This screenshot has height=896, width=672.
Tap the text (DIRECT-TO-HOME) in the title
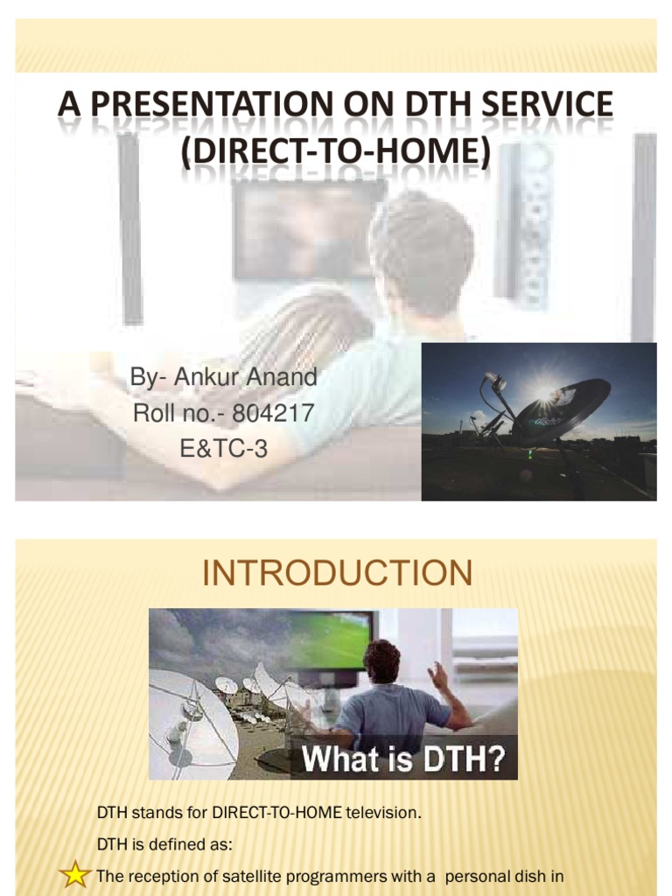[x=336, y=151]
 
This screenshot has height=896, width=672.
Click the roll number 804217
[x=272, y=413]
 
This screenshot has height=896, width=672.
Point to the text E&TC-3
[x=223, y=448]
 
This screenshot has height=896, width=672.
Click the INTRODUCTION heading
[x=337, y=573]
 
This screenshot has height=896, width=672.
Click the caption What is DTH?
[x=403, y=759]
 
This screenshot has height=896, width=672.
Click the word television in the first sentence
[x=384, y=813]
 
